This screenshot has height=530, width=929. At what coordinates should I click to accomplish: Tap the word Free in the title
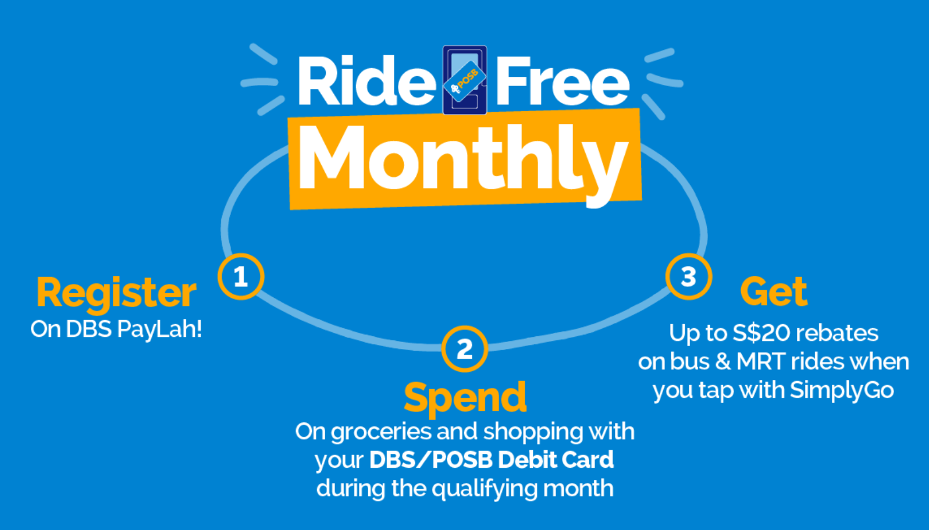(563, 81)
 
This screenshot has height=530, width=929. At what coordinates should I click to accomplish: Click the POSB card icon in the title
(465, 80)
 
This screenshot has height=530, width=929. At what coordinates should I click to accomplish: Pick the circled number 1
(241, 276)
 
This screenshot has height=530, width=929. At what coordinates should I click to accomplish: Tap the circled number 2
(464, 348)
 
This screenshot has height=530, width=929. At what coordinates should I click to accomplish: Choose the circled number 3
(689, 276)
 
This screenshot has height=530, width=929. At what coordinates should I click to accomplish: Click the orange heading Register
(116, 293)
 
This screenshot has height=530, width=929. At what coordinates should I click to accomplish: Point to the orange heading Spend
(465, 397)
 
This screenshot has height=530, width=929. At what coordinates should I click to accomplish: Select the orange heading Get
(774, 291)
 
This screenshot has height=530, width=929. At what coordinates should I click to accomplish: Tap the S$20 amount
(761, 333)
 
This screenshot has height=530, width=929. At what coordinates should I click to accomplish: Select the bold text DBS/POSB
(431, 460)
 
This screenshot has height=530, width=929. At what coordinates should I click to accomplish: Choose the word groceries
(382, 433)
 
